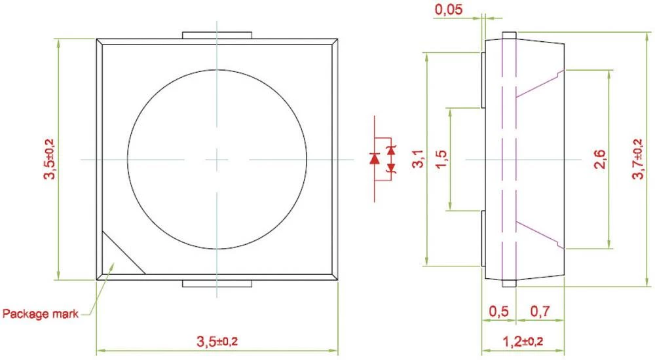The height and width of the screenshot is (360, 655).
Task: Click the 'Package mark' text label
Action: point(41,314)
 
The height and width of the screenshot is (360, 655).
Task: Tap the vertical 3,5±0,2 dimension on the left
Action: point(49,158)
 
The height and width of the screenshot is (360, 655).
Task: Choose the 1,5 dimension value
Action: point(441,159)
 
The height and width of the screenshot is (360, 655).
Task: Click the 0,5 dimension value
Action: point(499,312)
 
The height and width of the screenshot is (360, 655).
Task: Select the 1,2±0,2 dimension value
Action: point(523,341)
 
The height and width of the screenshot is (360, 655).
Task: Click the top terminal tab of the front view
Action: point(217,34)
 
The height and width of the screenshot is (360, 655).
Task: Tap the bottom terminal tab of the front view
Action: point(217,283)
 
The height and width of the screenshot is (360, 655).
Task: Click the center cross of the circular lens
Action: point(217,158)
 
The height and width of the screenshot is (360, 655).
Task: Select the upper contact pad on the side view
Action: point(483,79)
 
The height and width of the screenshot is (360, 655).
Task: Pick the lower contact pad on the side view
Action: point(483,238)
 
